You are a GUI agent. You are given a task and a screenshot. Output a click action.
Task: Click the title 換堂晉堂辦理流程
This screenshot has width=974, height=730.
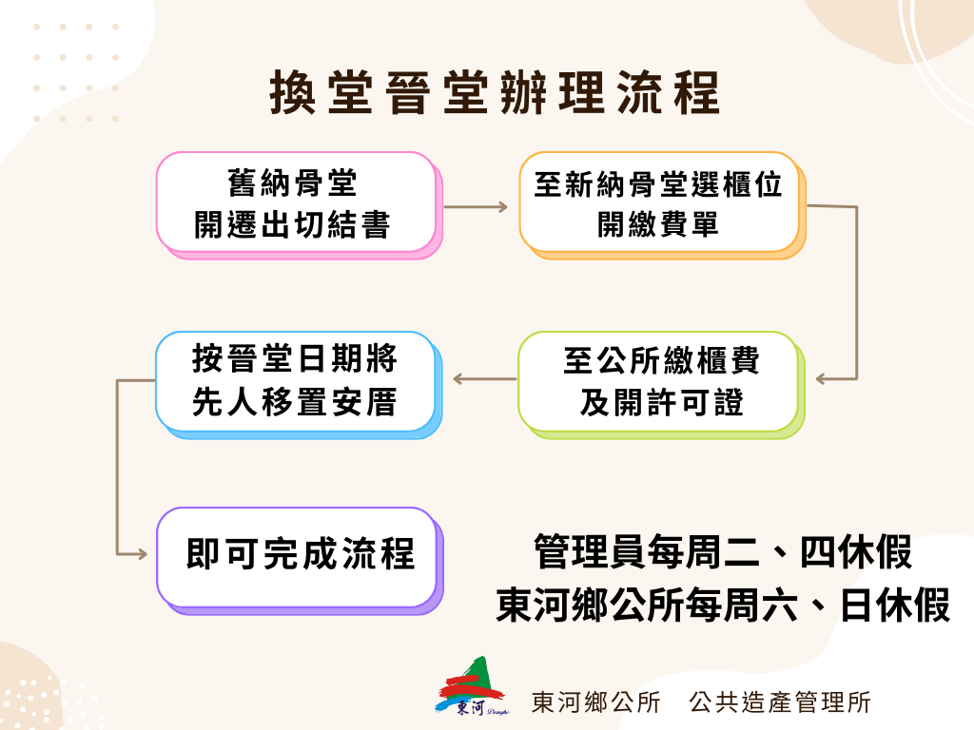495,92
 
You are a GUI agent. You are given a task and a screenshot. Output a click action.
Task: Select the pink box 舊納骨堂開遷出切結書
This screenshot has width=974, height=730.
300,205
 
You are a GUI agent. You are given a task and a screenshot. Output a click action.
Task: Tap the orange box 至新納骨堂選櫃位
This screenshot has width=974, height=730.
663,205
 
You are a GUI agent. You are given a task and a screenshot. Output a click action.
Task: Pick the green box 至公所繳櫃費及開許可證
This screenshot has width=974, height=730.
662,385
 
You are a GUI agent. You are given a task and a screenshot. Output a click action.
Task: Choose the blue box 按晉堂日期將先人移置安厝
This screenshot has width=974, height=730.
299,385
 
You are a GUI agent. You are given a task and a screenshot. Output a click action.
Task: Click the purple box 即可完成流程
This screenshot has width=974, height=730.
300,561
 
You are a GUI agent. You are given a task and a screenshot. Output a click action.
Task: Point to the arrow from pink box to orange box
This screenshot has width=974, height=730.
476,206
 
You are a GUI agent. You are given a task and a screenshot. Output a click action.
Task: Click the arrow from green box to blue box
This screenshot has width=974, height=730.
484,378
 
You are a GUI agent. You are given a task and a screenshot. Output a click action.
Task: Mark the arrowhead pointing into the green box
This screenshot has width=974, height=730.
821,378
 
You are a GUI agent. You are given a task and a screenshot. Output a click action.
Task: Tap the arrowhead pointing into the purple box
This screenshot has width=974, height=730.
142,554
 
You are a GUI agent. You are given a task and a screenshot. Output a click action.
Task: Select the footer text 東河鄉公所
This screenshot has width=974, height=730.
596,702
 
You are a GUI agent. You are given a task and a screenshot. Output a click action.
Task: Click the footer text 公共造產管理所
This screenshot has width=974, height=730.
780,702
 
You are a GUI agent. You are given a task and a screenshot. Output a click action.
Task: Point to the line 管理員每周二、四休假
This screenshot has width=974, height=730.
723,551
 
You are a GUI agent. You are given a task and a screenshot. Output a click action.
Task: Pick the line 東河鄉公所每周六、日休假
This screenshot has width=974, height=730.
723,605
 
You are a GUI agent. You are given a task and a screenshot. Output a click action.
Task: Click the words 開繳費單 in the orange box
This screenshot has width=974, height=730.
658,224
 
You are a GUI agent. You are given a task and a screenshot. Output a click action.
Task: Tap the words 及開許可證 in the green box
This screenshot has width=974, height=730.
662,403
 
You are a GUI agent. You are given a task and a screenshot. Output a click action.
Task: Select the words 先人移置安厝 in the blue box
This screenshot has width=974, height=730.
295,402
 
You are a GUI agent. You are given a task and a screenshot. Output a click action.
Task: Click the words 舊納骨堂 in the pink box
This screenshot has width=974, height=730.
292,182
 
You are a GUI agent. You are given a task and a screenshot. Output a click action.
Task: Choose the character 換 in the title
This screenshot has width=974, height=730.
293,92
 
